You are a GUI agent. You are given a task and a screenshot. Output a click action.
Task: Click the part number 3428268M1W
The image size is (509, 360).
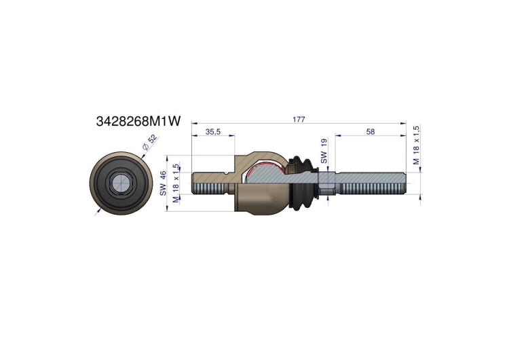point(138,121)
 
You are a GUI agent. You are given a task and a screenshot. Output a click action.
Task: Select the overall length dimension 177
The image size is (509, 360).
point(299,120)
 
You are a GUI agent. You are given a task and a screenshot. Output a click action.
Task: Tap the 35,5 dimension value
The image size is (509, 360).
point(213,132)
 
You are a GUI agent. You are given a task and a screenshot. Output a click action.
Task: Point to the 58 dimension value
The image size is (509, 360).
point(370,132)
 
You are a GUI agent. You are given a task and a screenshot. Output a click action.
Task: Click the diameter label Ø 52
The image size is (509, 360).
point(150,142)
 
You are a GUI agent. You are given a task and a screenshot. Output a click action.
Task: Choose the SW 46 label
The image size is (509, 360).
point(163,183)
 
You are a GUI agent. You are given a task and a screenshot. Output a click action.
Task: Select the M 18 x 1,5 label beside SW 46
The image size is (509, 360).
point(176,183)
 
